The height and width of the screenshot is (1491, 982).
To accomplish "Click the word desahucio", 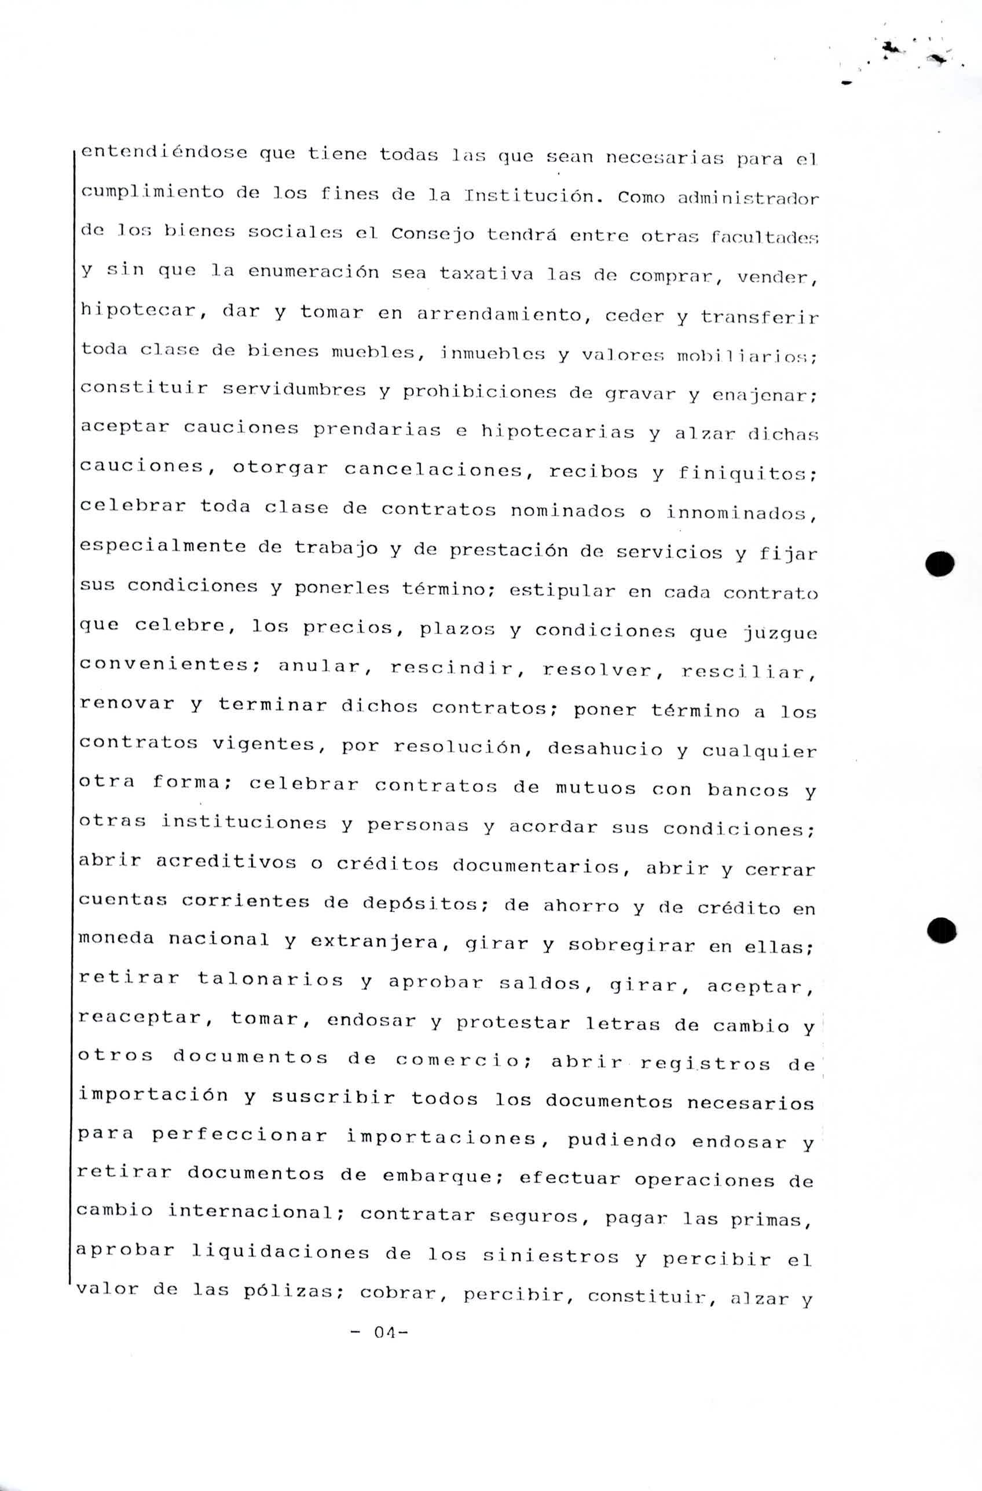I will (x=604, y=749).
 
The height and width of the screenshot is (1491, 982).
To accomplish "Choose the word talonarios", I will (x=270, y=979).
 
